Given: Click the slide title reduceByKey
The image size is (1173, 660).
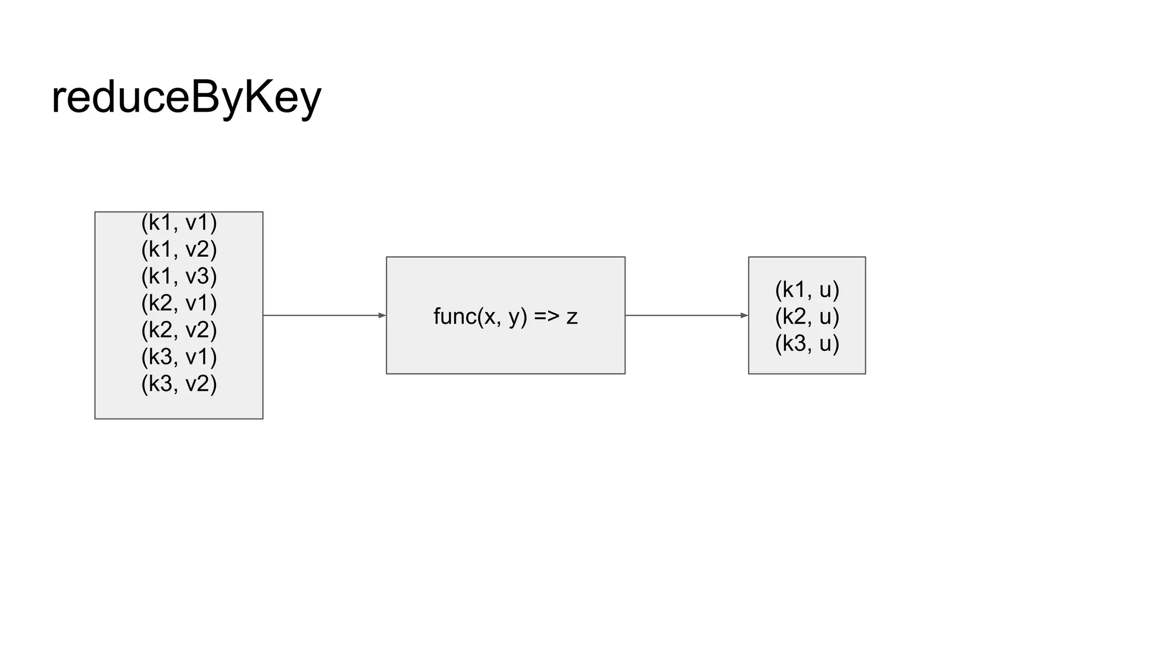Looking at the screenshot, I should click(x=186, y=97).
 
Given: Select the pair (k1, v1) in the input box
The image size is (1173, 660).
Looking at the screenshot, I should click(x=179, y=223).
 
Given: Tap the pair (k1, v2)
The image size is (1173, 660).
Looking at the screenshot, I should click(x=179, y=249).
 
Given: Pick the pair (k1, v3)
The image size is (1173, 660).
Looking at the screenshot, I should click(x=179, y=276).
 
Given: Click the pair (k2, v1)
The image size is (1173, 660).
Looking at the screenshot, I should click(x=179, y=303).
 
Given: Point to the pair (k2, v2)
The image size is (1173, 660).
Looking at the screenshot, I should click(x=179, y=330).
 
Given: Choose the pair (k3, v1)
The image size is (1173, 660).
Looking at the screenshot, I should click(x=179, y=357).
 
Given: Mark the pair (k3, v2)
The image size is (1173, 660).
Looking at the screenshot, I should click(x=179, y=384).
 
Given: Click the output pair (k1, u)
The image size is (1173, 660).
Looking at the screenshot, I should click(x=806, y=290).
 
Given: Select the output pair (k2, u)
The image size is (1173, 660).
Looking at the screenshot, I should click(x=806, y=316).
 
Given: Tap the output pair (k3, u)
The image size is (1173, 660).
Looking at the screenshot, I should click(x=806, y=343).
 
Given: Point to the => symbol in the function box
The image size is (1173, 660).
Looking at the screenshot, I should click(x=546, y=316).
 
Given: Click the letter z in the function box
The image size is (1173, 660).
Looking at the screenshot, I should click(x=572, y=317).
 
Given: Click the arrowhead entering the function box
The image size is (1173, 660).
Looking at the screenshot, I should click(x=382, y=315).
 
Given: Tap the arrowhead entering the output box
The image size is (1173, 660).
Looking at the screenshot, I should click(x=744, y=315).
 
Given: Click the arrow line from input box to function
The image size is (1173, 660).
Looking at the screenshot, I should click(x=321, y=315).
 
